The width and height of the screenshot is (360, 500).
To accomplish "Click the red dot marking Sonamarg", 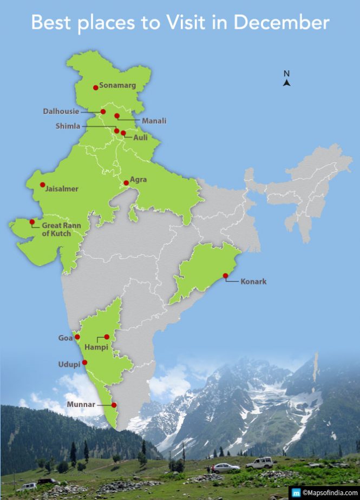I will (96, 87).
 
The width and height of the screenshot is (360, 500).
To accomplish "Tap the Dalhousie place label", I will (61, 111).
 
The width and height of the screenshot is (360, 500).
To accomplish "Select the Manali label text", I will (154, 121).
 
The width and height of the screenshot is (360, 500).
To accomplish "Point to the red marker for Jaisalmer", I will (42, 185).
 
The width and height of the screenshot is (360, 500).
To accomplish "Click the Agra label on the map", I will (138, 180).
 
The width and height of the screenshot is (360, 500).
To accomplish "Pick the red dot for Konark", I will (226, 276).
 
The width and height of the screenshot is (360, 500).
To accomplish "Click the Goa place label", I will (65, 338).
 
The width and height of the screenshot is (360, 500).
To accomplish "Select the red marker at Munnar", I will (114, 405).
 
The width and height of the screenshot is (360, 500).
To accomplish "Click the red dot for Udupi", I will (84, 362).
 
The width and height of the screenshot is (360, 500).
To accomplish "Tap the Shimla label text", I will (68, 126).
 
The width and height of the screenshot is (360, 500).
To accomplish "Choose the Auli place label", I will (140, 138).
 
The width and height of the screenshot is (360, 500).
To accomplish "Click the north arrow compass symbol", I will (287, 82).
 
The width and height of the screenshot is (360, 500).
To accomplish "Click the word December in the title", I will (282, 22).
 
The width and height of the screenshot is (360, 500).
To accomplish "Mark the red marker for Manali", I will (117, 116).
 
